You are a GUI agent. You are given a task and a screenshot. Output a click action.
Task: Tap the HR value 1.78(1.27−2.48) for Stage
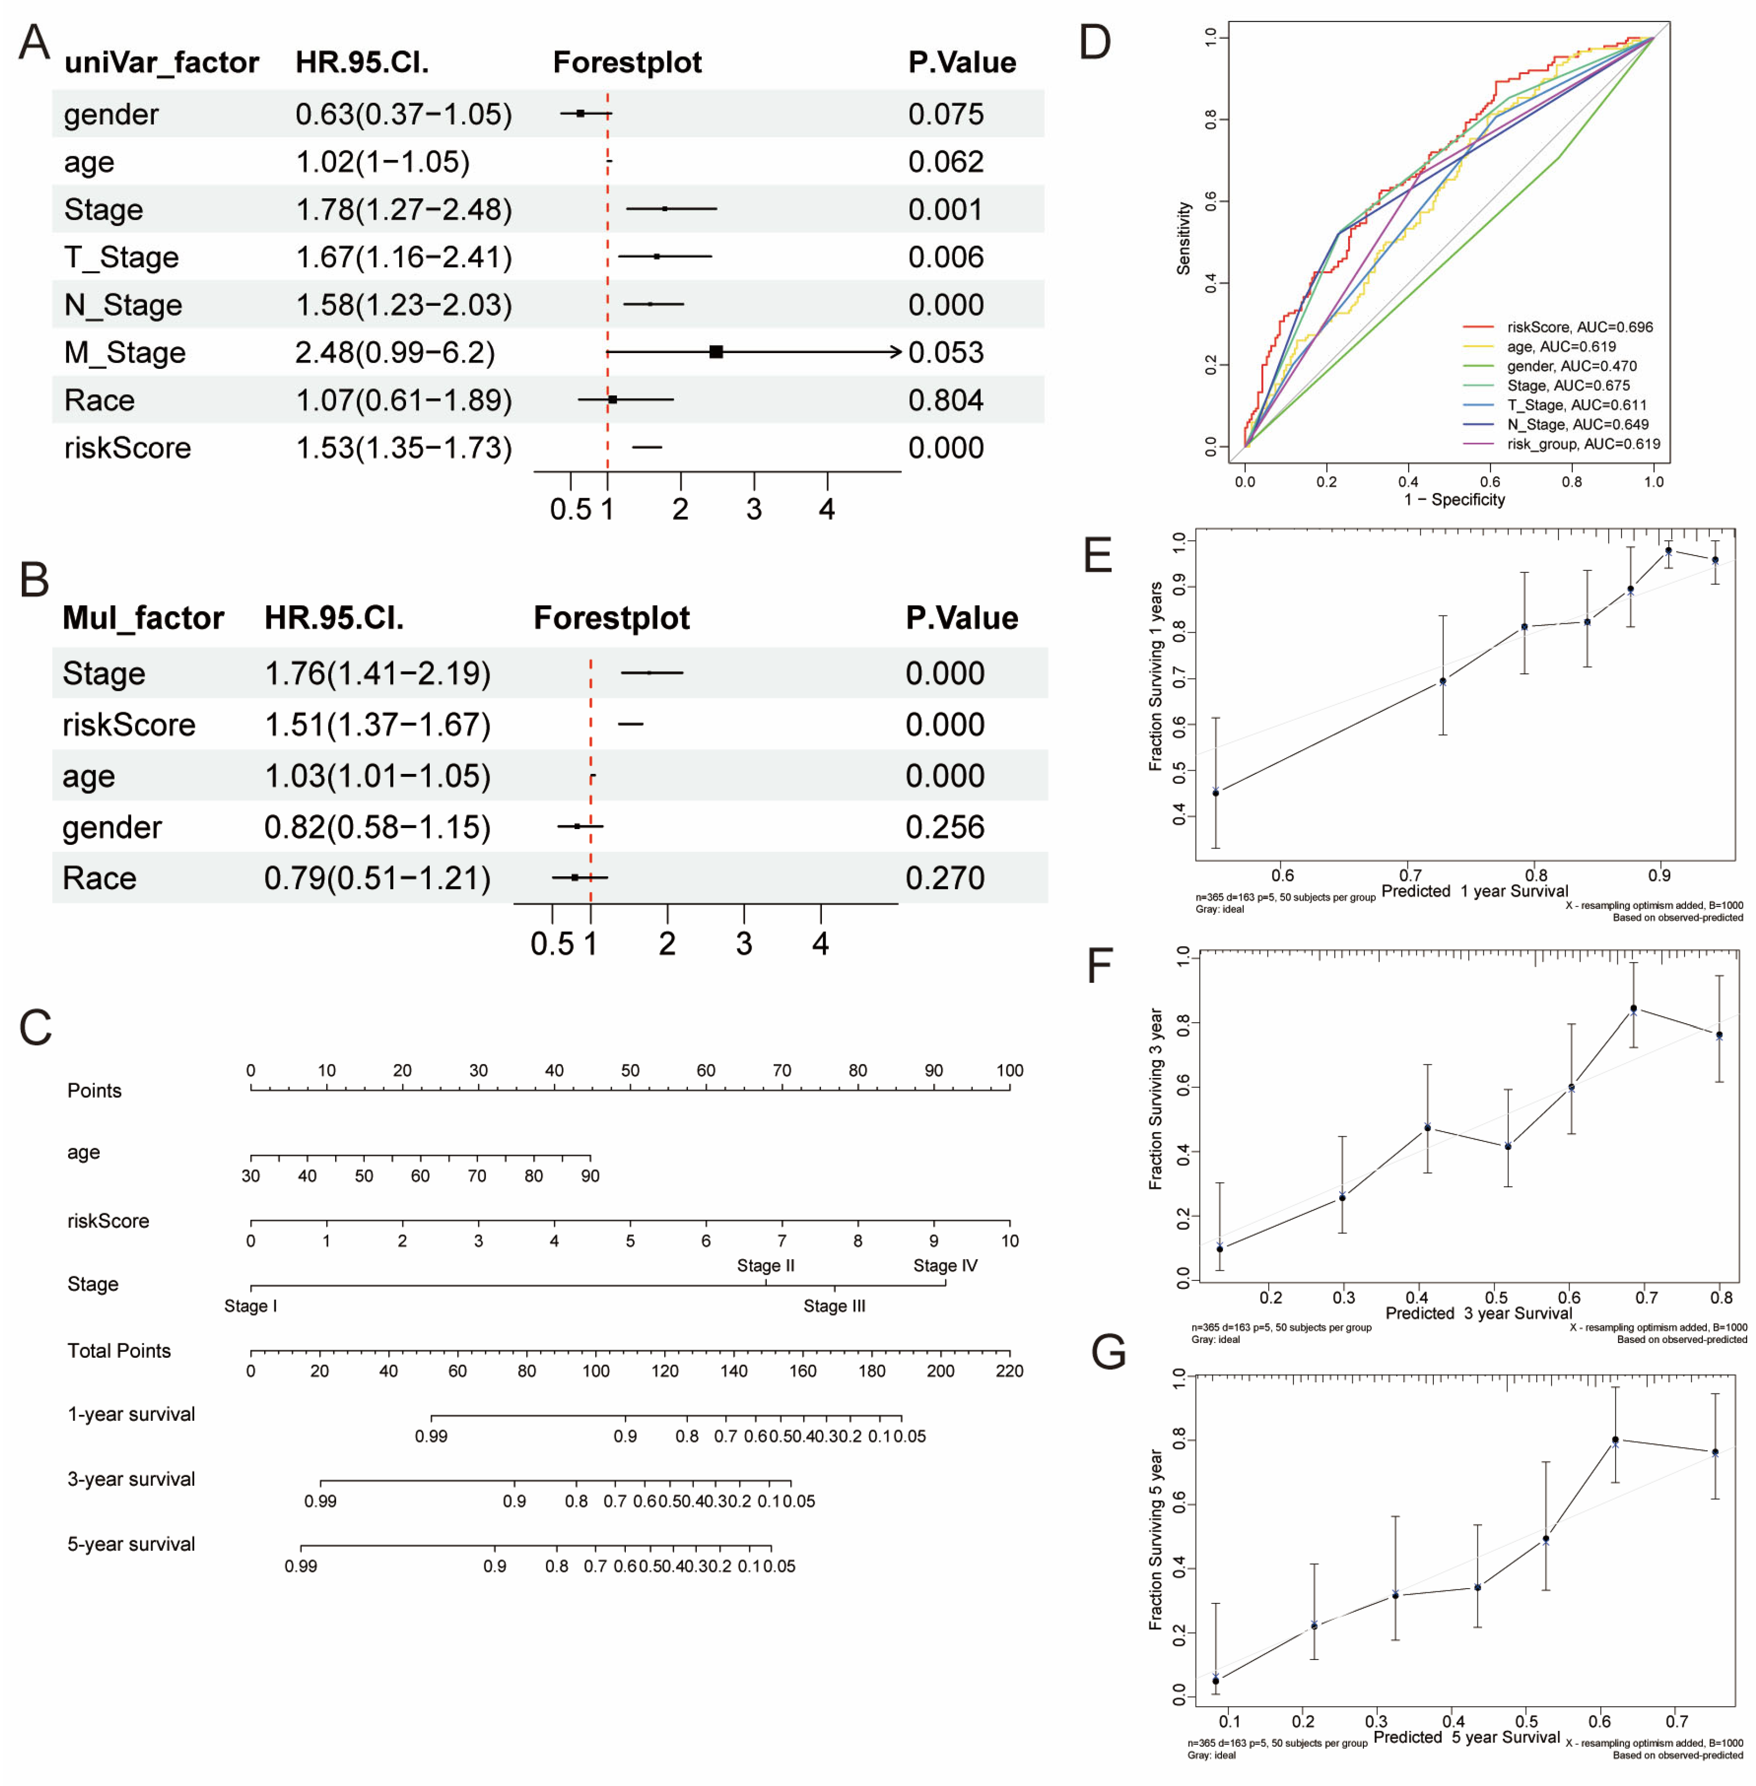(x=403, y=209)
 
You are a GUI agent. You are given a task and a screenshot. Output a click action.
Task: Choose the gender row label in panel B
(x=112, y=827)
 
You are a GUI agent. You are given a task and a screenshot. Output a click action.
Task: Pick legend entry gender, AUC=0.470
(x=1571, y=366)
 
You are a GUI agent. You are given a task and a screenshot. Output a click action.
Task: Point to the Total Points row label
(x=119, y=1351)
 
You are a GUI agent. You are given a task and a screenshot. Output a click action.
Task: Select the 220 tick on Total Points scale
(x=1009, y=1371)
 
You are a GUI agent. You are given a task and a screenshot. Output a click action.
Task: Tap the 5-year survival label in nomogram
(x=131, y=1545)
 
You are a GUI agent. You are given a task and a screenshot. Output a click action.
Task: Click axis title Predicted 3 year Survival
(x=1478, y=1313)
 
